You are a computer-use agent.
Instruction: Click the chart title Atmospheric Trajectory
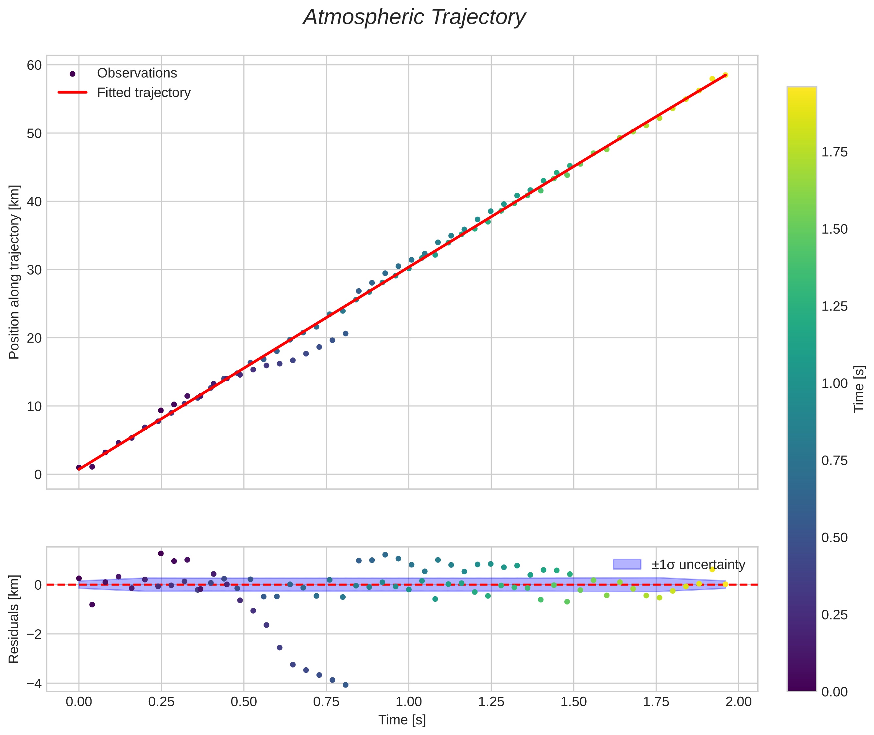pyautogui.click(x=414, y=17)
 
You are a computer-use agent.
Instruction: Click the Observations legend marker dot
pyautogui.click(x=73, y=74)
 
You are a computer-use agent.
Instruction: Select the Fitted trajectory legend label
pyautogui.click(x=144, y=93)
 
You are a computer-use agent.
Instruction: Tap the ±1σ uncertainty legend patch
pyautogui.click(x=627, y=565)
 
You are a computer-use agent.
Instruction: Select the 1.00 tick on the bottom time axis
pyautogui.click(x=408, y=702)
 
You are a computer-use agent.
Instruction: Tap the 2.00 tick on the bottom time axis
pyautogui.click(x=738, y=702)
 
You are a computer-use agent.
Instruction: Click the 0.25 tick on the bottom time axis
pyautogui.click(x=161, y=702)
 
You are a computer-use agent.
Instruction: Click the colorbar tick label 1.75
pyautogui.click(x=834, y=152)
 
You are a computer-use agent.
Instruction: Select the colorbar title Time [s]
pyautogui.click(x=859, y=389)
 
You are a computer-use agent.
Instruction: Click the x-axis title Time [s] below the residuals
pyautogui.click(x=402, y=720)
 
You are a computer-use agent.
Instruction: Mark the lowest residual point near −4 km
pyautogui.click(x=345, y=685)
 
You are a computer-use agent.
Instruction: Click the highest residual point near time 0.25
pyautogui.click(x=161, y=553)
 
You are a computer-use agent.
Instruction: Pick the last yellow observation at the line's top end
pyautogui.click(x=725, y=75)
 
